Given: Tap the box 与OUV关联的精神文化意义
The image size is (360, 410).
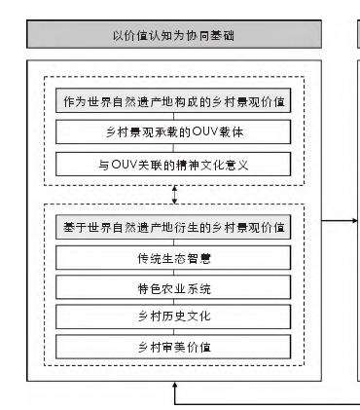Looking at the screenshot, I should (172, 164).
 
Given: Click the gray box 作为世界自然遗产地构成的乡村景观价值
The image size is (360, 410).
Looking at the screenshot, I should (172, 101).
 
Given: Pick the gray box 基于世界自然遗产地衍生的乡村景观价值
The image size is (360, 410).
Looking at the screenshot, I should (172, 227).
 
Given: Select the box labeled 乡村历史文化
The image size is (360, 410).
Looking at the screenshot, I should (172, 317).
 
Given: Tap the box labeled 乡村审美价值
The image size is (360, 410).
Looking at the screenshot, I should (172, 347).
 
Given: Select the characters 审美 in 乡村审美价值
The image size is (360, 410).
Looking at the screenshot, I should (172, 347).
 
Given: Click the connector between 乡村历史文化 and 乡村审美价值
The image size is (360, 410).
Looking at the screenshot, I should (172, 332).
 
